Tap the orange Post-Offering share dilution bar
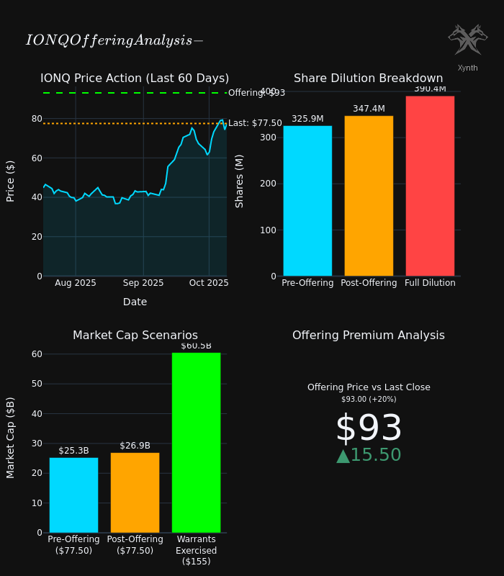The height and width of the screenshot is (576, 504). tap(369, 196)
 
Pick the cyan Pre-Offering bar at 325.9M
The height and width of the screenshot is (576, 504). tap(307, 201)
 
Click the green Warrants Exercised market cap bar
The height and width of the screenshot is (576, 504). tap(196, 443)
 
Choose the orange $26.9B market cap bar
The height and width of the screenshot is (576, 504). tap(135, 492)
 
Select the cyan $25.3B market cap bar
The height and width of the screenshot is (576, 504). tap(73, 495)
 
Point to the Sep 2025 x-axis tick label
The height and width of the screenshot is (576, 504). tap(143, 283)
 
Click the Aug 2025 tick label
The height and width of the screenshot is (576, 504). tap(76, 283)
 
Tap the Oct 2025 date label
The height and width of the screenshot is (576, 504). tap(209, 283)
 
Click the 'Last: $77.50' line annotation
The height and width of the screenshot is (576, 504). tap(255, 123)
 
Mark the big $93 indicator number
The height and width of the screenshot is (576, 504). tap(369, 429)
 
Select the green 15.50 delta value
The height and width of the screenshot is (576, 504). tap(369, 455)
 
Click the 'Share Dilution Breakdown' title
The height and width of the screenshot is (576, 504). tap(368, 78)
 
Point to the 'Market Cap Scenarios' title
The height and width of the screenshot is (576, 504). tap(135, 336)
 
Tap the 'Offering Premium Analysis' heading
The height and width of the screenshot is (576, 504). tap(369, 336)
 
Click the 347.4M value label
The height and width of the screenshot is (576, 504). tap(369, 109)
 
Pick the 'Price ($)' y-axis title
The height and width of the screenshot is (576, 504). tap(11, 181)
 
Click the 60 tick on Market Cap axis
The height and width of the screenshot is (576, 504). tap(37, 354)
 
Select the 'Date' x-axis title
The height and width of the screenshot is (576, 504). tap(135, 302)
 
